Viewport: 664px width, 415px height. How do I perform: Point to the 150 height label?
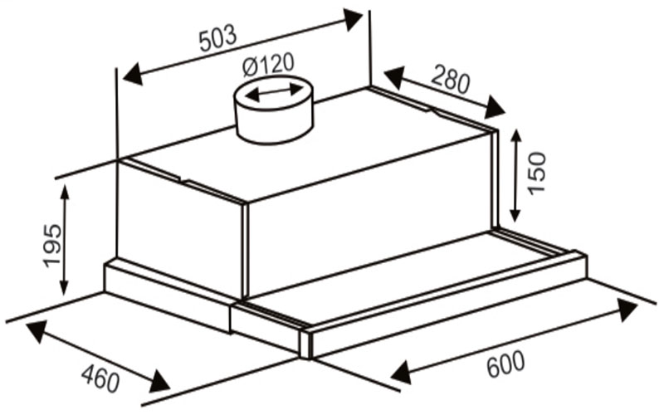[538, 172]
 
